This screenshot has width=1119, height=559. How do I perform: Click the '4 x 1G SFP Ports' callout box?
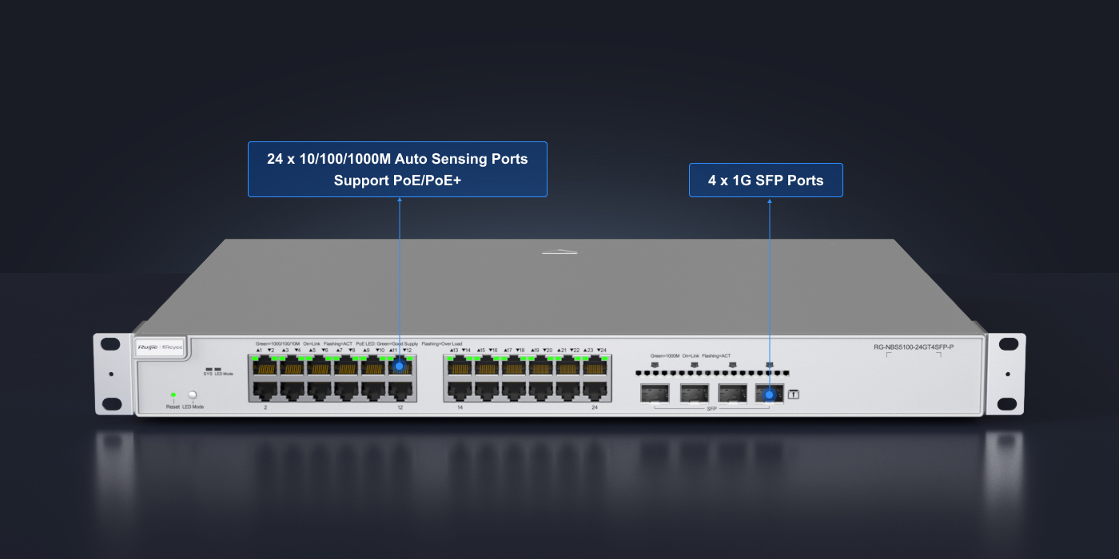coord(766,180)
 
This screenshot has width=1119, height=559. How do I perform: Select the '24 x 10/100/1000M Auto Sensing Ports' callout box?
coord(397,169)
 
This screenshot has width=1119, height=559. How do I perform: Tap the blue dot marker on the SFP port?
coord(769,394)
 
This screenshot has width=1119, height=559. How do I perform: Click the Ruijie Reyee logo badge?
coord(161,347)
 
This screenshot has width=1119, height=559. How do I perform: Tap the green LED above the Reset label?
coord(173,394)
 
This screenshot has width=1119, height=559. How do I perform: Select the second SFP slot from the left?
coord(695,393)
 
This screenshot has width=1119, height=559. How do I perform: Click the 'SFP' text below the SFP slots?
coord(711,408)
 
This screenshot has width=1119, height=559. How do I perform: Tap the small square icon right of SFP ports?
coord(794,394)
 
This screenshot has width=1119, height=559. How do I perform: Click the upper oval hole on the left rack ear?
coord(112,343)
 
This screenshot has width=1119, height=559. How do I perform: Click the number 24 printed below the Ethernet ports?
coord(595,407)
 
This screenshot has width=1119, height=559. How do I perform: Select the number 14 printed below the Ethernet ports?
coord(460,407)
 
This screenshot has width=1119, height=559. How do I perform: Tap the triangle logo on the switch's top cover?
coord(559,252)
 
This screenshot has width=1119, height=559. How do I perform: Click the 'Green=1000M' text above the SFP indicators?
coord(664,355)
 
